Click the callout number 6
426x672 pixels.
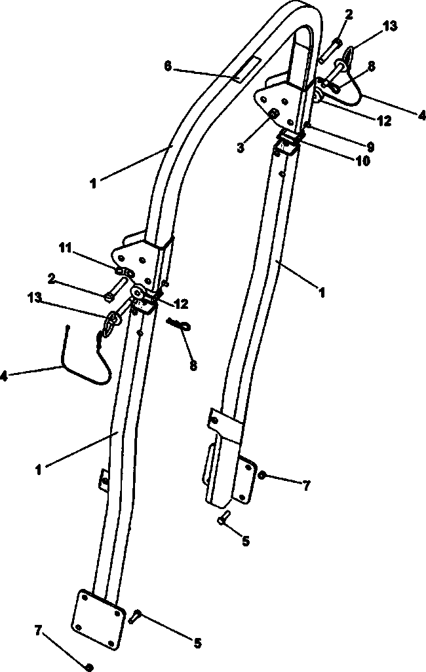[x=168, y=67]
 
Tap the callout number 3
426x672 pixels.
[x=241, y=148]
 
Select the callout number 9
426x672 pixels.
[x=370, y=147]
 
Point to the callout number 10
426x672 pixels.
[x=362, y=161]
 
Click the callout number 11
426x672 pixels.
[x=66, y=248]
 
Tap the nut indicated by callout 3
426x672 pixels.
[x=273, y=114]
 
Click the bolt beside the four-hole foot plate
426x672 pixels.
[x=134, y=616]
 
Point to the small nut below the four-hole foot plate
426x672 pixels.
[x=89, y=667]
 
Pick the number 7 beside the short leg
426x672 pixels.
[x=306, y=486]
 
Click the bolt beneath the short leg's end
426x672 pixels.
[x=224, y=518]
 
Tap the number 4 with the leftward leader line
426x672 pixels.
[x=5, y=377]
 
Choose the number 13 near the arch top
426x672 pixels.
[x=390, y=27]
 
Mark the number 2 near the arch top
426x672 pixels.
[x=349, y=14]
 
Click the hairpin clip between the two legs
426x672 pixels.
[x=180, y=324]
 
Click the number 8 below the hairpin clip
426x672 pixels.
[x=194, y=366]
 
